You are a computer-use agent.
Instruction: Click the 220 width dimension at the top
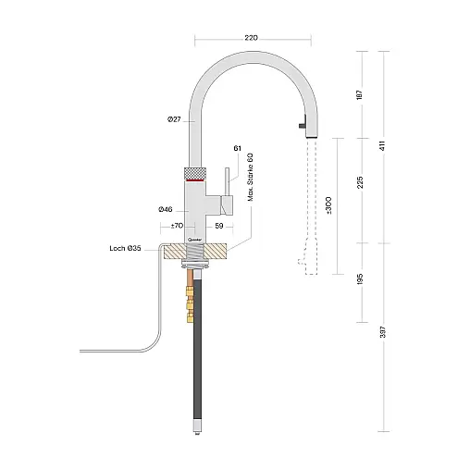pyautogui.click(x=251, y=38)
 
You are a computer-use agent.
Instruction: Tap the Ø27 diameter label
pyautogui.click(x=174, y=119)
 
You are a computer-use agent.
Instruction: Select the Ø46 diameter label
pyautogui.click(x=166, y=210)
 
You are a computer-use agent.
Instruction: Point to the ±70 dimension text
pyautogui.click(x=177, y=226)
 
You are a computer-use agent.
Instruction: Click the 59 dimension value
pyautogui.click(x=219, y=226)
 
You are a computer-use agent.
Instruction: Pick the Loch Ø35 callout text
pyautogui.click(x=125, y=248)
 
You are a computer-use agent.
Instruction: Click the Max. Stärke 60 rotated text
pyautogui.click(x=250, y=177)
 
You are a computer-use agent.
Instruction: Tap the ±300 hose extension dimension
pyautogui.click(x=328, y=205)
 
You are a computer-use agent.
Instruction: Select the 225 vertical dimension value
pyautogui.click(x=360, y=182)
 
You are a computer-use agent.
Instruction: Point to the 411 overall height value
pyautogui.click(x=382, y=145)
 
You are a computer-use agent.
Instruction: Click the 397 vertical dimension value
pyautogui.click(x=382, y=332)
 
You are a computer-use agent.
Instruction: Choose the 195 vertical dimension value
pyautogui.click(x=360, y=278)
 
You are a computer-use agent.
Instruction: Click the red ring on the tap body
pyautogui.click(x=195, y=179)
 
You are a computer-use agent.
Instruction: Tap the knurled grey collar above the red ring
pyautogui.click(x=195, y=173)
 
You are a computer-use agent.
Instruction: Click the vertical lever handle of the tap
pyautogui.click(x=228, y=181)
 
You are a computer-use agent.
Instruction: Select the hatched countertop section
pyautogui.click(x=195, y=251)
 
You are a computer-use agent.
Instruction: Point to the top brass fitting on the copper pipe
pyautogui.click(x=189, y=291)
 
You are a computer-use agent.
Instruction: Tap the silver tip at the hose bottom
pyautogui.click(x=198, y=426)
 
